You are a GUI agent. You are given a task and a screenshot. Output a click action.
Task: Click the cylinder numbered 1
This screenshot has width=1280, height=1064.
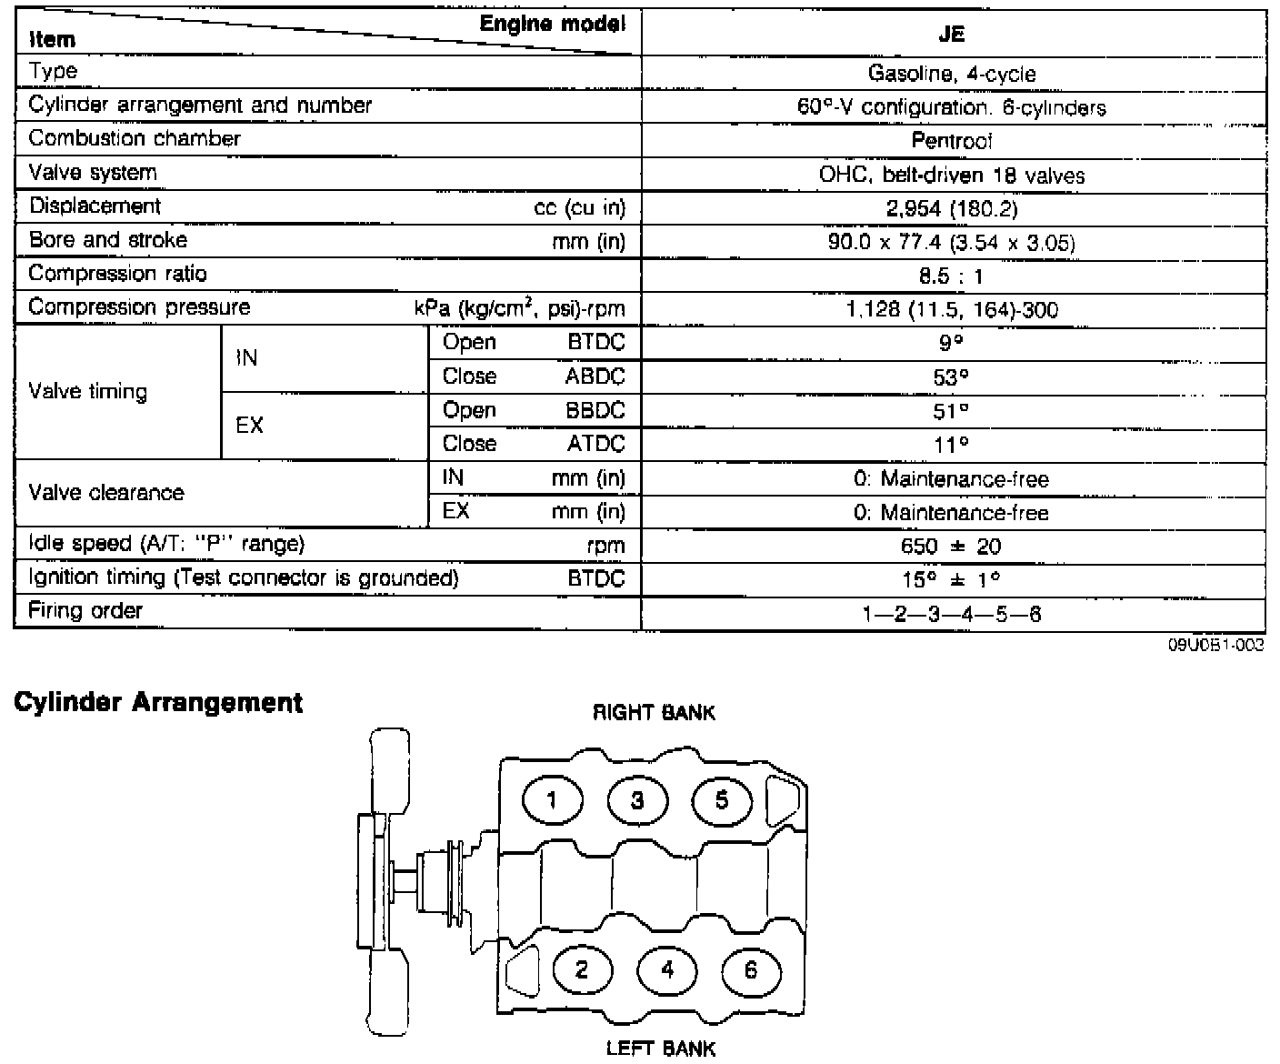552,800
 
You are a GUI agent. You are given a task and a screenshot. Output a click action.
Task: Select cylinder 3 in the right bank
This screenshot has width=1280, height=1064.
637,800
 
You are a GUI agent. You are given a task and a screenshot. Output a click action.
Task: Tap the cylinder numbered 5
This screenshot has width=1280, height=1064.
722,800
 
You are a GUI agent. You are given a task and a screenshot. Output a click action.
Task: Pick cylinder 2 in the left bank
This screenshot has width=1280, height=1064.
582,969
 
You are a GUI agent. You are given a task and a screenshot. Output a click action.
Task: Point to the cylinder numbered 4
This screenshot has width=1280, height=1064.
667,969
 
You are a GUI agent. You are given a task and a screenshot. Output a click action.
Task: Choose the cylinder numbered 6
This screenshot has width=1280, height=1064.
751,969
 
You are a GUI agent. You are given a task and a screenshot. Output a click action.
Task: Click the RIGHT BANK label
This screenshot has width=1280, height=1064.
655,713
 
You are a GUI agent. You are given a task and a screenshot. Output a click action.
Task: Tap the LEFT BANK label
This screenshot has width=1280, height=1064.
661,1049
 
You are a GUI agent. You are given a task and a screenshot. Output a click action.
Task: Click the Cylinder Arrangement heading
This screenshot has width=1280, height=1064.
158,703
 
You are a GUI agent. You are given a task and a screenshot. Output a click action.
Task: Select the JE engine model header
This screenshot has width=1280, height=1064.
953,35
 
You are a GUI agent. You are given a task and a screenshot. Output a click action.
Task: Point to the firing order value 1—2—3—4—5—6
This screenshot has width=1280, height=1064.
952,614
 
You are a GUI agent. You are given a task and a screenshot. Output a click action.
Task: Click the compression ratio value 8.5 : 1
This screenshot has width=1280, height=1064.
951,276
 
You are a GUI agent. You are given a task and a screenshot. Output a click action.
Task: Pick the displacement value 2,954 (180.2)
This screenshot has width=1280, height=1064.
952,209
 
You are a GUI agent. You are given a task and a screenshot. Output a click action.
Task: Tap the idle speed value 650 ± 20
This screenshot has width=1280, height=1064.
952,547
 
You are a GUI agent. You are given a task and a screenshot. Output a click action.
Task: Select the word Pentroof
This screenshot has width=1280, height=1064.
952,141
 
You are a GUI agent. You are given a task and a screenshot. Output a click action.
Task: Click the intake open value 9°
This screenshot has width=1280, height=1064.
952,344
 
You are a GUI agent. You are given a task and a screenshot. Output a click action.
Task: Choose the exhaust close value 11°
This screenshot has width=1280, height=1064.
952,445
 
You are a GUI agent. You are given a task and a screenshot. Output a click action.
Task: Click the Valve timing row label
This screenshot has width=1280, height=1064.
88,392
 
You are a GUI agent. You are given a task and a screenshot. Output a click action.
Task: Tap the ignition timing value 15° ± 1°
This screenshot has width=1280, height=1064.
952,580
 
